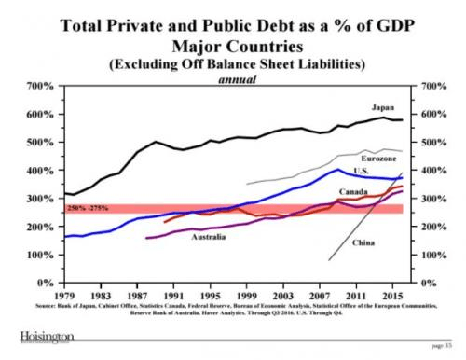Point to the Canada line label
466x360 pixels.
[x=350, y=190]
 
